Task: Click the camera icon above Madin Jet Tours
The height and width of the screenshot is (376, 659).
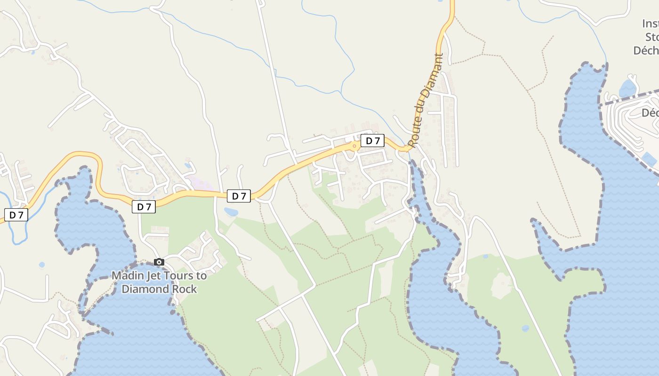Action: [159, 262]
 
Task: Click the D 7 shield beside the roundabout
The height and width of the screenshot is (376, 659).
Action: [372, 141]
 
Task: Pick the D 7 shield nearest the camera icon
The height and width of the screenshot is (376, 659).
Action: [144, 207]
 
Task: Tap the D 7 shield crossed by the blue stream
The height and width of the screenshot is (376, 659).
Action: [16, 215]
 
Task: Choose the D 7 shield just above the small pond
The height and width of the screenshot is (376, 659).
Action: [239, 196]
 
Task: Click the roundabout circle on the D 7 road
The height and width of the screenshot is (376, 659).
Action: [354, 146]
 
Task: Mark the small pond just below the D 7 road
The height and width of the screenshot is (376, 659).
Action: [231, 212]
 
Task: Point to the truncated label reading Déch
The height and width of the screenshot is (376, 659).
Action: [646, 50]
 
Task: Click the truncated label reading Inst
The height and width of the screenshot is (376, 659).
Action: [650, 23]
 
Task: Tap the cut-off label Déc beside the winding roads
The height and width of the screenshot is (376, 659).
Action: [650, 113]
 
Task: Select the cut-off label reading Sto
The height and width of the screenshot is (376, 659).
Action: [651, 37]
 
